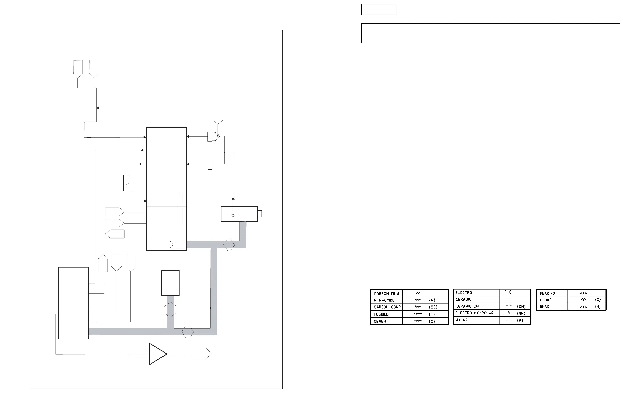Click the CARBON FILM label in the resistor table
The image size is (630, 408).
click(x=386, y=293)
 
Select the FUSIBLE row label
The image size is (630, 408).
click(x=381, y=314)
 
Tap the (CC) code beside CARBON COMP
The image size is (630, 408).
click(x=433, y=307)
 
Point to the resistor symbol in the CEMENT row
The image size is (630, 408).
click(x=418, y=321)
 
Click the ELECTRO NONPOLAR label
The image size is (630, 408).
click(x=474, y=313)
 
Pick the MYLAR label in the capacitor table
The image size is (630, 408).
click(x=461, y=320)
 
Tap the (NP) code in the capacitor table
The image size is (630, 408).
click(x=521, y=313)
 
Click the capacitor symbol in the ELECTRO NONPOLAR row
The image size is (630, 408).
click(x=509, y=313)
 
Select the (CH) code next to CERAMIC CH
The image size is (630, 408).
click(x=521, y=306)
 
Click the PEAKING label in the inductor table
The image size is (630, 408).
click(x=547, y=293)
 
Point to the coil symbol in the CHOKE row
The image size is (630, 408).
click(x=583, y=300)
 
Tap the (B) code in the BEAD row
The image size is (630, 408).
click(x=598, y=307)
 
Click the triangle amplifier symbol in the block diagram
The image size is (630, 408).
click(x=157, y=354)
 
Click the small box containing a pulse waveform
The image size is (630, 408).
click(x=128, y=183)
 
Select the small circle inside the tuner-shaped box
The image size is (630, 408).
click(x=233, y=215)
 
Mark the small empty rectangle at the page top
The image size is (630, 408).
click(x=379, y=10)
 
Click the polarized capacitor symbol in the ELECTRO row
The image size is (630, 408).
click(x=508, y=292)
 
